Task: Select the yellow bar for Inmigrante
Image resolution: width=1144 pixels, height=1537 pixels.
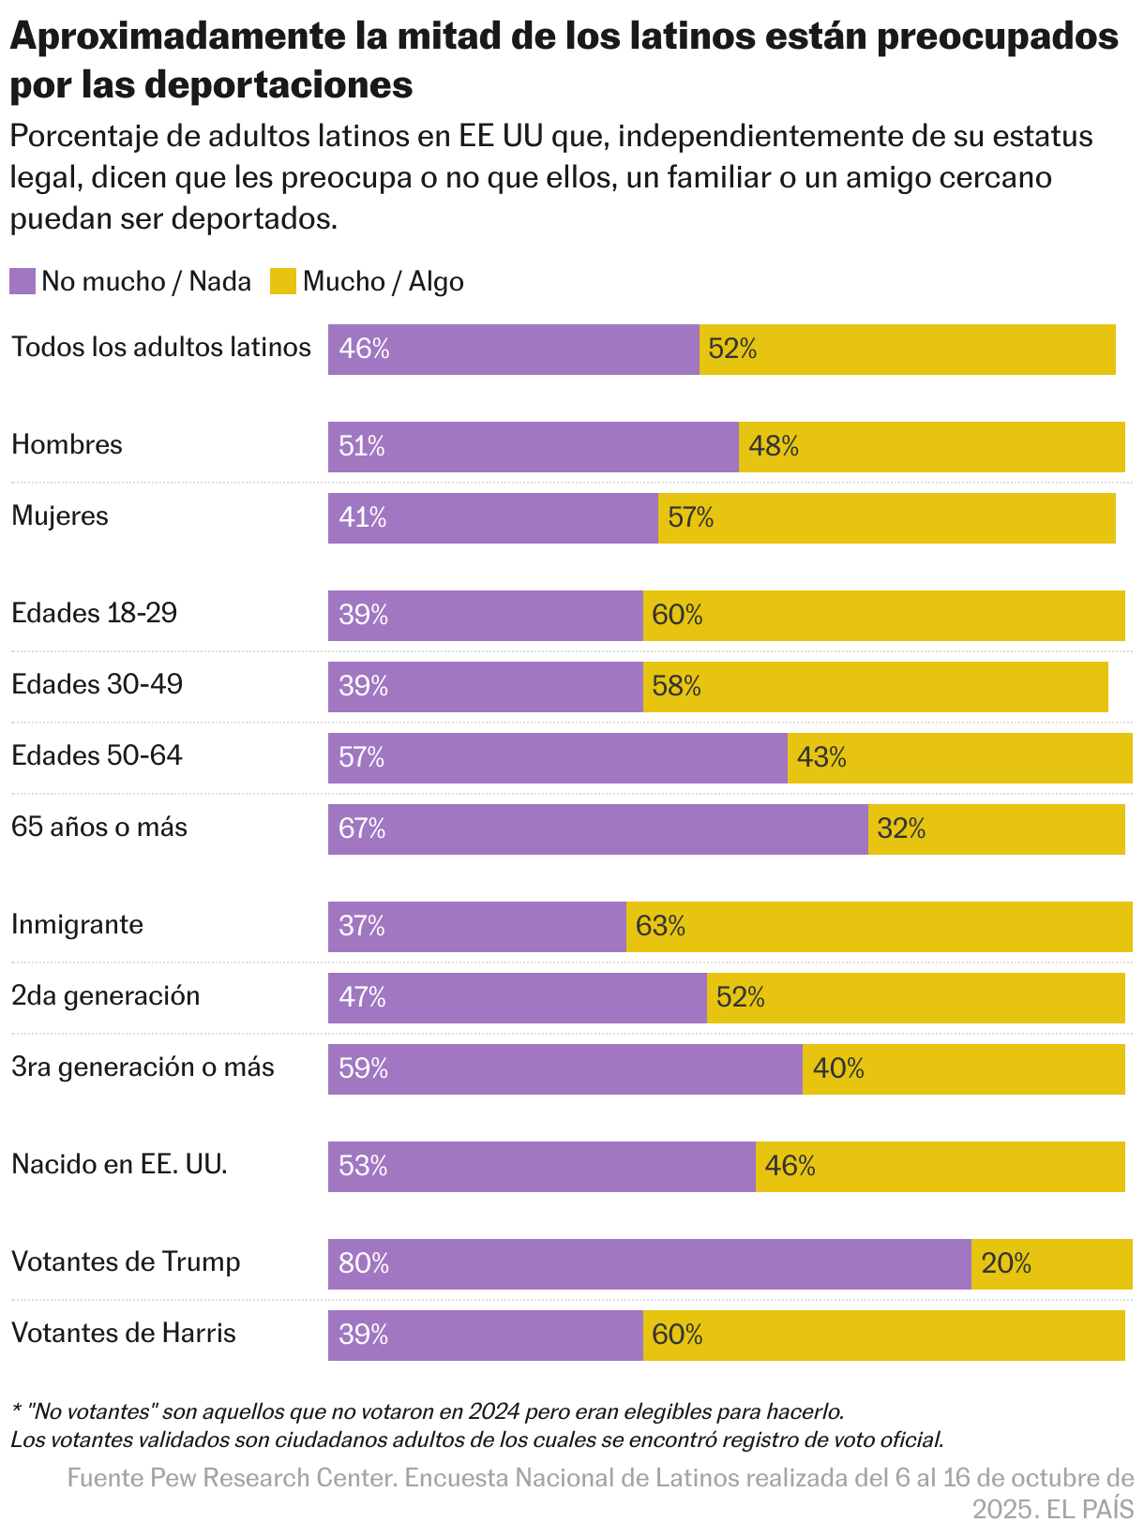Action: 879,926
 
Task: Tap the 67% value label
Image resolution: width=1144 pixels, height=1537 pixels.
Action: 362,828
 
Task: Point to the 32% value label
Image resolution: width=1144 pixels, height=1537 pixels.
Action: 901,828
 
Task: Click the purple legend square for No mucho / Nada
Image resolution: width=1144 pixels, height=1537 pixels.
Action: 23,281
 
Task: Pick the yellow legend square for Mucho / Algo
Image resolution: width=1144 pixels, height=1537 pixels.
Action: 283,281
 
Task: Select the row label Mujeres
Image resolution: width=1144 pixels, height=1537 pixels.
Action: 60,515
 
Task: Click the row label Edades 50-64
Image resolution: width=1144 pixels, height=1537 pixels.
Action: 97,755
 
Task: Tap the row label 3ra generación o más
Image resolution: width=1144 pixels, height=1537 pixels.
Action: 143,1067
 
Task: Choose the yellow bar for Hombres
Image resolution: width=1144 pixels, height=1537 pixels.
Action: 931,446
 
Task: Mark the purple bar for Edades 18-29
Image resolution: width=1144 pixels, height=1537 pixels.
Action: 485,615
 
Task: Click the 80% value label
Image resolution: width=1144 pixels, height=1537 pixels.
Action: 364,1263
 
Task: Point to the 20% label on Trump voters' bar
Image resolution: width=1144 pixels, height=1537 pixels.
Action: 1006,1263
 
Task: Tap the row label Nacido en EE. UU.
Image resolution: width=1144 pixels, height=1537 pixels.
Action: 119,1164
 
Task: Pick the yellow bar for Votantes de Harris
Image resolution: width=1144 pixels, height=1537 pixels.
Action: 883,1335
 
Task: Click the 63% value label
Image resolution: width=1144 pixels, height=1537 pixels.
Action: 660,926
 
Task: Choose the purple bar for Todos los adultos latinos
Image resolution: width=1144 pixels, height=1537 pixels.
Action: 513,349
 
